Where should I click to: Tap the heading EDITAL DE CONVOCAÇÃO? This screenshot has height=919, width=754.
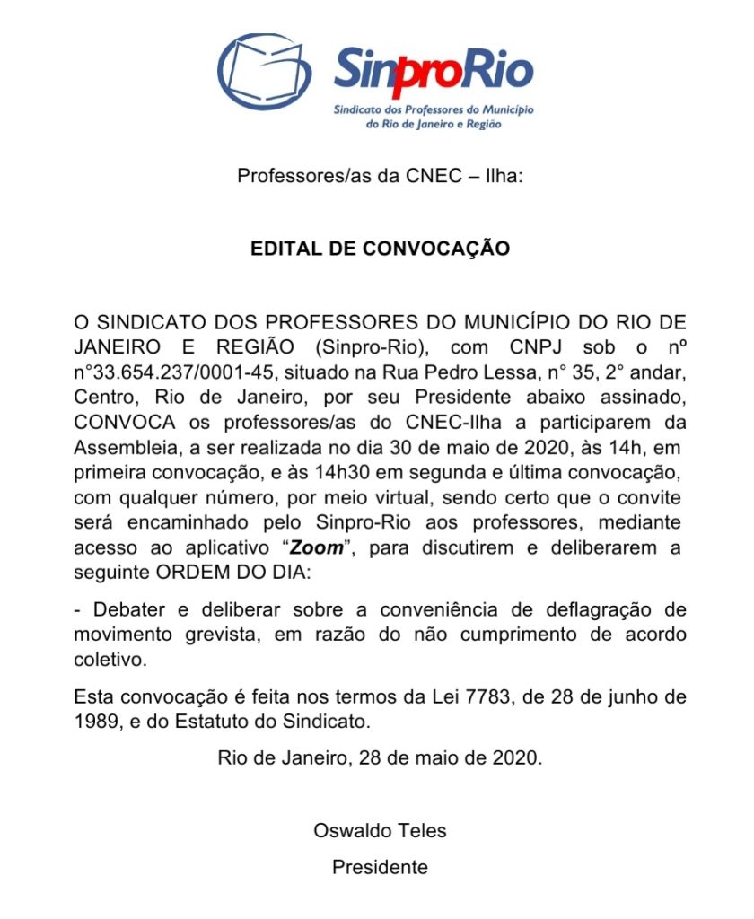(x=380, y=249)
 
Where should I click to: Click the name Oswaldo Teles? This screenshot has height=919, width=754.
(x=380, y=830)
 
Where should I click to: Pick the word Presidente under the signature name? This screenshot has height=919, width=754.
(x=380, y=867)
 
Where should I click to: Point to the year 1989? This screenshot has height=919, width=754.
(x=94, y=720)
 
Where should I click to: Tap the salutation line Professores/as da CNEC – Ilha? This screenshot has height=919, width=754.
(x=380, y=176)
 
